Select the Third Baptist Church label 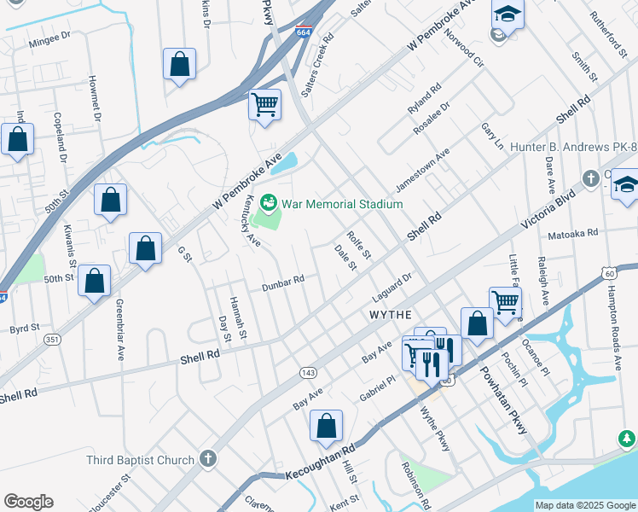click(x=141, y=460)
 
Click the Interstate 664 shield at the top click(x=304, y=32)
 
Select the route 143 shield click(x=308, y=373)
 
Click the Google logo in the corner click(x=28, y=502)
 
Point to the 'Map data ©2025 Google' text click(x=584, y=505)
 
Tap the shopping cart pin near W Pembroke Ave click(x=264, y=106)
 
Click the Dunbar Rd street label click(x=283, y=281)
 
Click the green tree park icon click(x=627, y=439)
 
